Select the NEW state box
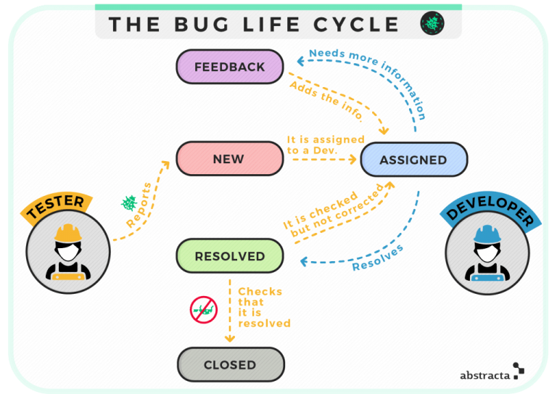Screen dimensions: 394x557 pyautogui.click(x=229, y=159)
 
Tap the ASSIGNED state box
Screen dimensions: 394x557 pyautogui.click(x=413, y=160)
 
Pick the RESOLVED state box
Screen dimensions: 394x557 pyautogui.click(x=230, y=256)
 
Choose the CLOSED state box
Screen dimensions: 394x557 pyautogui.click(x=230, y=365)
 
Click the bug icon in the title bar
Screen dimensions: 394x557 pyautogui.click(x=432, y=24)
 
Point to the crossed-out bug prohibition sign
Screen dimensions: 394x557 pyautogui.click(x=204, y=310)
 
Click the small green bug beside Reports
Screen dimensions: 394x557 pyautogui.click(x=130, y=202)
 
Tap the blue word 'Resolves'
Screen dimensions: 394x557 pyautogui.click(x=378, y=258)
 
